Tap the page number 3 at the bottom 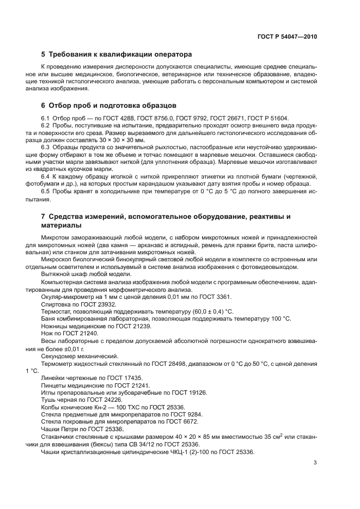pos(315,463)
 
